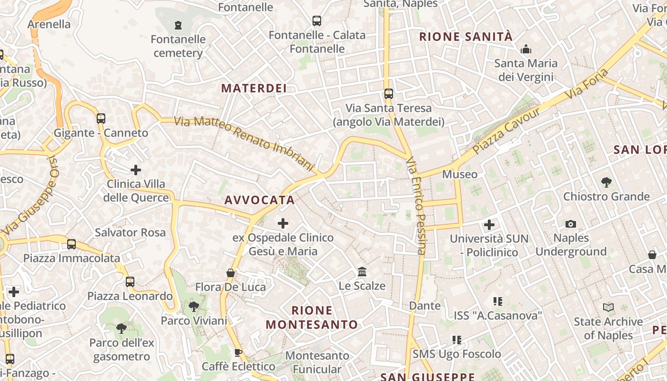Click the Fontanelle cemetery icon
[178, 25]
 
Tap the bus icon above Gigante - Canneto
[101, 118]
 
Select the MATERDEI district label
[254, 88]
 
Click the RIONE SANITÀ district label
[466, 37]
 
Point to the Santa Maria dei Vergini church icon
[526, 49]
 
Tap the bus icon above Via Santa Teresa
[389, 94]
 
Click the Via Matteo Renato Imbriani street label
[244, 144]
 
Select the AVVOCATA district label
[260, 200]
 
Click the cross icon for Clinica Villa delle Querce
[136, 170]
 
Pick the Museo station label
[460, 174]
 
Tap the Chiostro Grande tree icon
[606, 182]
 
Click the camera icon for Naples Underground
[570, 224]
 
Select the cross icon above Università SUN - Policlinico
[489, 224]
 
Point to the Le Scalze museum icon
[362, 271]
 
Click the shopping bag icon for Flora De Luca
[231, 273]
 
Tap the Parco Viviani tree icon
[193, 306]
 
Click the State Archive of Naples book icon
[608, 308]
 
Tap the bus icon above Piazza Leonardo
[130, 281]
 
